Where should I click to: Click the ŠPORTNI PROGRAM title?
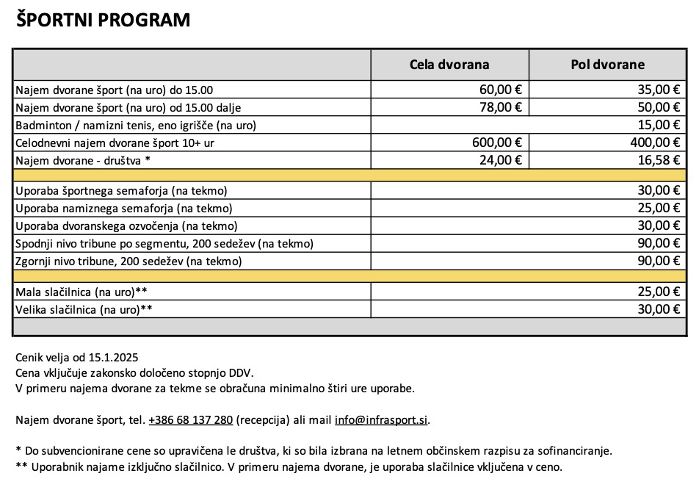tap(104, 21)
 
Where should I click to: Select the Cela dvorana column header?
tap(449, 65)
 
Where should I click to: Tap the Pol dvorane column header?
tap(607, 65)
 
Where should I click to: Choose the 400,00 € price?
tap(655, 143)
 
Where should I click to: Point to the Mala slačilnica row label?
tap(82, 292)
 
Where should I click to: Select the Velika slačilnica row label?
tap(84, 309)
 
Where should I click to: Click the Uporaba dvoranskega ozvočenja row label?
tap(126, 226)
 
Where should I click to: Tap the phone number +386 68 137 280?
tap(190, 420)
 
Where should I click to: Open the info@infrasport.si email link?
tap(381, 420)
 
